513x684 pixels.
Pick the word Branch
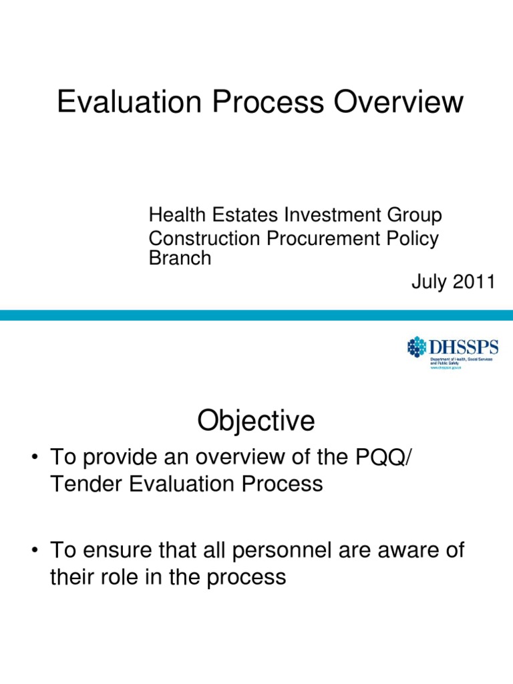coord(179,259)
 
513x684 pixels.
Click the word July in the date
coord(427,282)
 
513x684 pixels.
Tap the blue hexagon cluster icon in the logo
coord(417,347)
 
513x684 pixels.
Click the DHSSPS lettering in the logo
coord(463,346)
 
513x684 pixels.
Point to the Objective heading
coord(256,421)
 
